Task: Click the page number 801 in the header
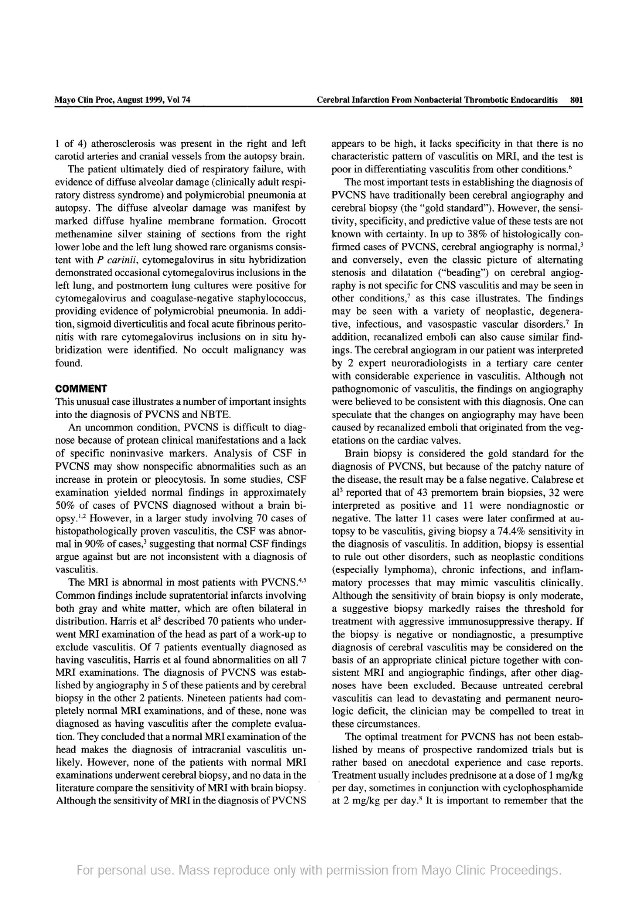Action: pyautogui.click(x=576, y=100)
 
